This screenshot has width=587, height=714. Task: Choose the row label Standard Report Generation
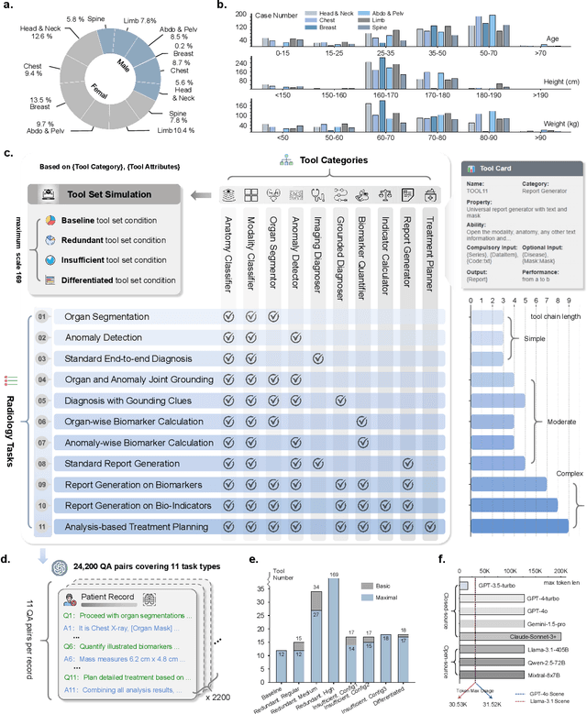tap(121, 464)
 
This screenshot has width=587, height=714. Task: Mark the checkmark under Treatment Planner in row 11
tap(429, 527)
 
